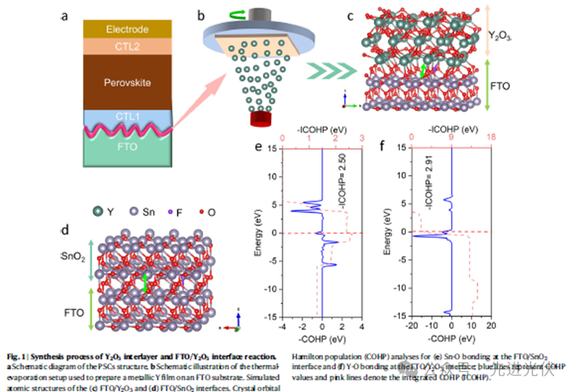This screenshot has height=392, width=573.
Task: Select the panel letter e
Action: (x=258, y=147)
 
